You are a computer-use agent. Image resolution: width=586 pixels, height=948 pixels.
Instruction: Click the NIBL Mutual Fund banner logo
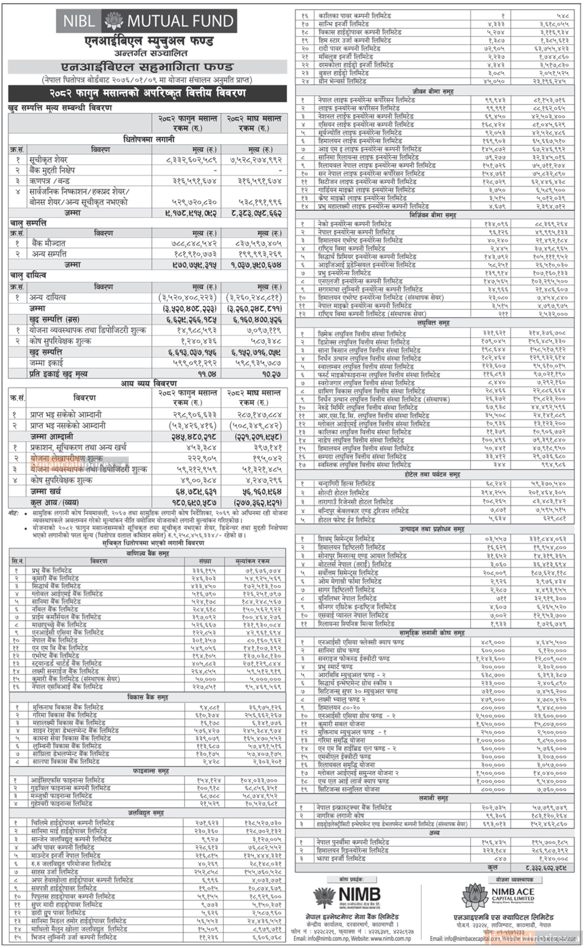[147, 21]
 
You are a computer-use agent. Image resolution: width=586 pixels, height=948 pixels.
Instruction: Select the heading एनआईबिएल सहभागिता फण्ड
[147, 67]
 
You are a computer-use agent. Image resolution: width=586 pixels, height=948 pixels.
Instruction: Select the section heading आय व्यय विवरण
[148, 383]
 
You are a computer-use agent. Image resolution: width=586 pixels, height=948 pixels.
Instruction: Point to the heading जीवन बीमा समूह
[433, 91]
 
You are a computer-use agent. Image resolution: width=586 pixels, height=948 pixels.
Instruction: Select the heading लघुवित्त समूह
[433, 322]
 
